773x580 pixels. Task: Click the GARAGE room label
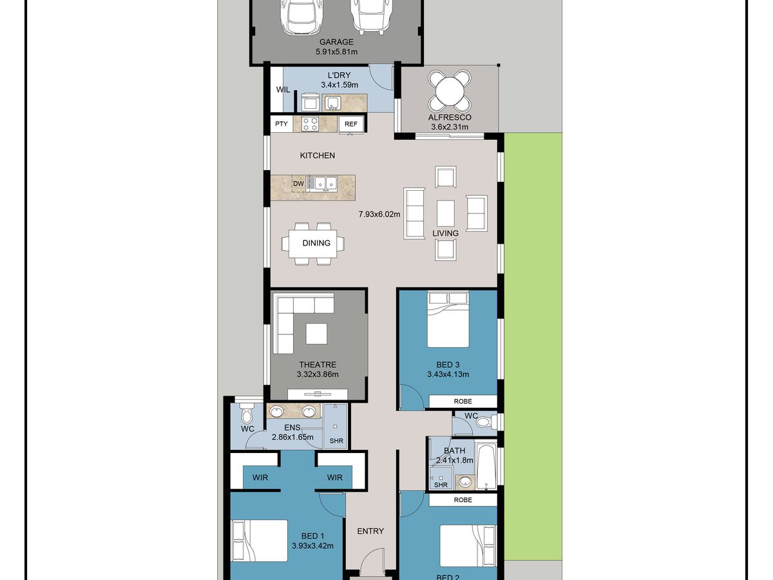(x=336, y=42)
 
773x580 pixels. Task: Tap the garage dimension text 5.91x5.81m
(x=336, y=52)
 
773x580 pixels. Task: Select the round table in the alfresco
(x=450, y=91)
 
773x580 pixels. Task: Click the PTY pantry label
(x=282, y=124)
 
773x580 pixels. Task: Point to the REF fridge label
(x=351, y=124)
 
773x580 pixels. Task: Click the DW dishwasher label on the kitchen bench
(x=298, y=184)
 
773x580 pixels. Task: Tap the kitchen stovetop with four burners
(x=310, y=124)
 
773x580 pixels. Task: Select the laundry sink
(x=332, y=103)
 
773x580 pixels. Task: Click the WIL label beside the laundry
(x=283, y=90)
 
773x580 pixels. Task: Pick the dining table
(x=312, y=244)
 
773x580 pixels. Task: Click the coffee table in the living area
(x=446, y=213)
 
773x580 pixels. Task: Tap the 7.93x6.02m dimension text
(x=379, y=214)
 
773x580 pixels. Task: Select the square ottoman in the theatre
(x=316, y=334)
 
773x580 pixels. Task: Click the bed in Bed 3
(x=448, y=319)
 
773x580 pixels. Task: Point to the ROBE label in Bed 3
(x=463, y=401)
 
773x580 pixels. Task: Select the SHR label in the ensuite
(x=336, y=441)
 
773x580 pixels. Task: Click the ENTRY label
(x=370, y=531)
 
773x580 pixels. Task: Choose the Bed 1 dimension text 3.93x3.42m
(x=312, y=546)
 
